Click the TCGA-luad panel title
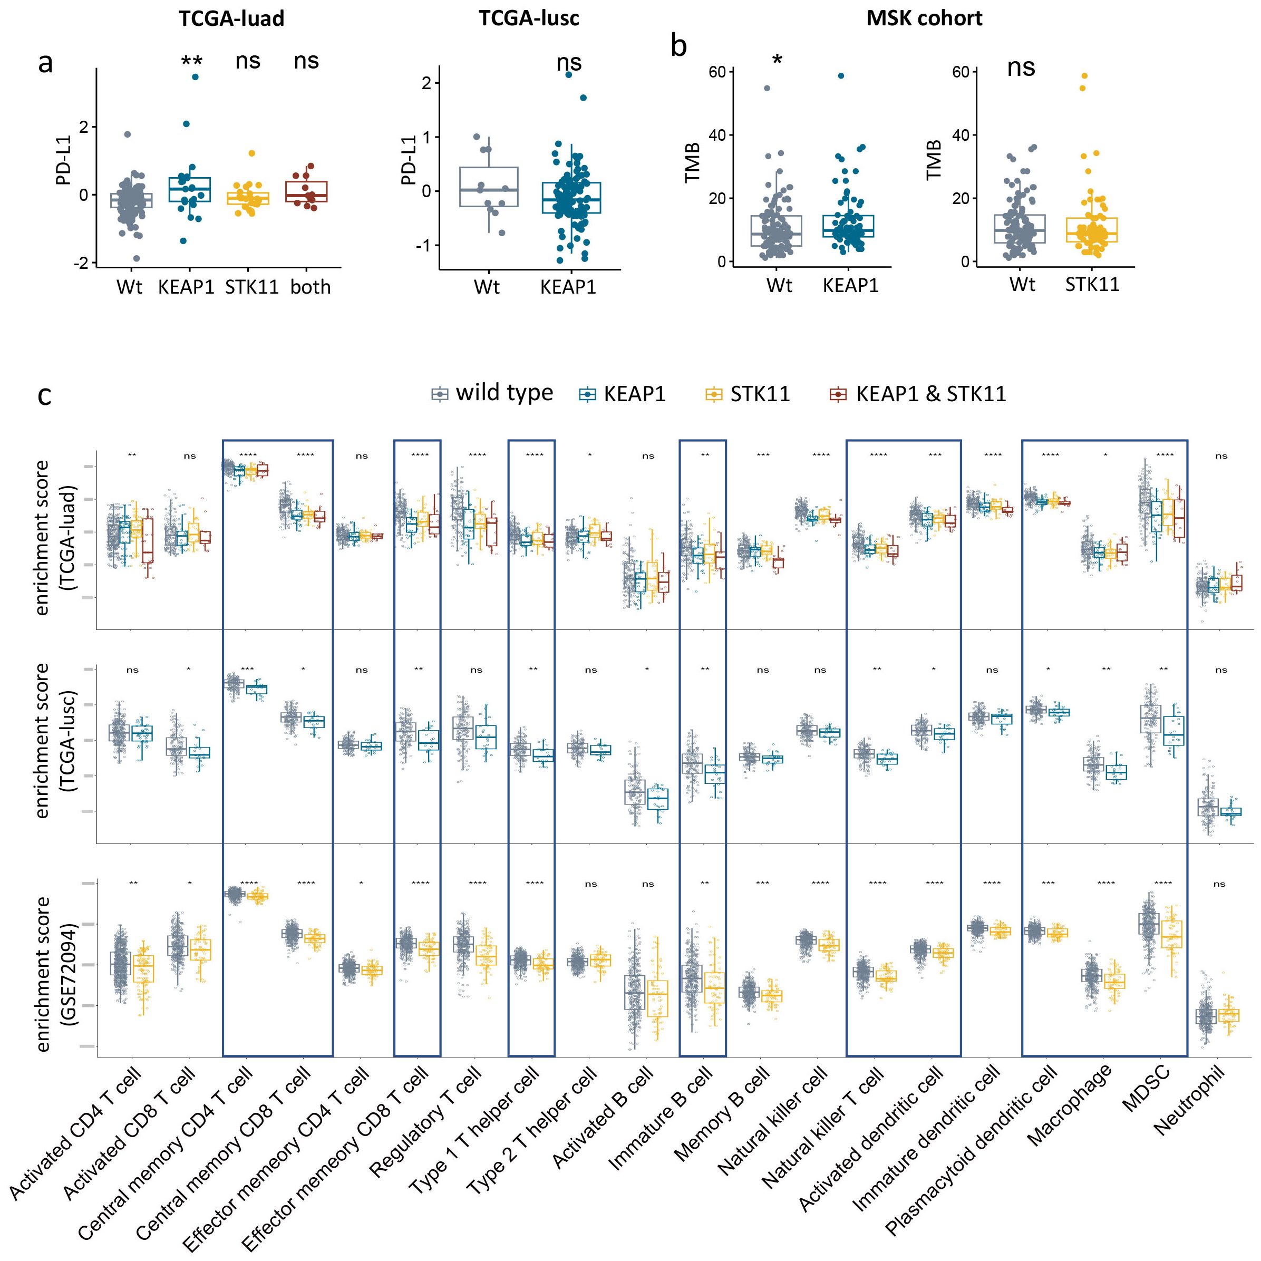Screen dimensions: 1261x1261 click(x=232, y=18)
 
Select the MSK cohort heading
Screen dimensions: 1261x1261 click(x=924, y=18)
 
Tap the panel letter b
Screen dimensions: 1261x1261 click(x=679, y=46)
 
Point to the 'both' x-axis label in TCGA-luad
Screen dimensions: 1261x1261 click(x=311, y=287)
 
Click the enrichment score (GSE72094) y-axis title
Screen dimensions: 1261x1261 click(x=54, y=974)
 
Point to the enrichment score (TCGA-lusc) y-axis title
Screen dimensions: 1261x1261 click(x=54, y=740)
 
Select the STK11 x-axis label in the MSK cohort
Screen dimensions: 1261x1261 click(x=1092, y=285)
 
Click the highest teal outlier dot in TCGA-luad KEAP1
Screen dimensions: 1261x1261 click(x=195, y=77)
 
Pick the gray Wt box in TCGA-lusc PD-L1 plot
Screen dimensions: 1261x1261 click(x=489, y=187)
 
